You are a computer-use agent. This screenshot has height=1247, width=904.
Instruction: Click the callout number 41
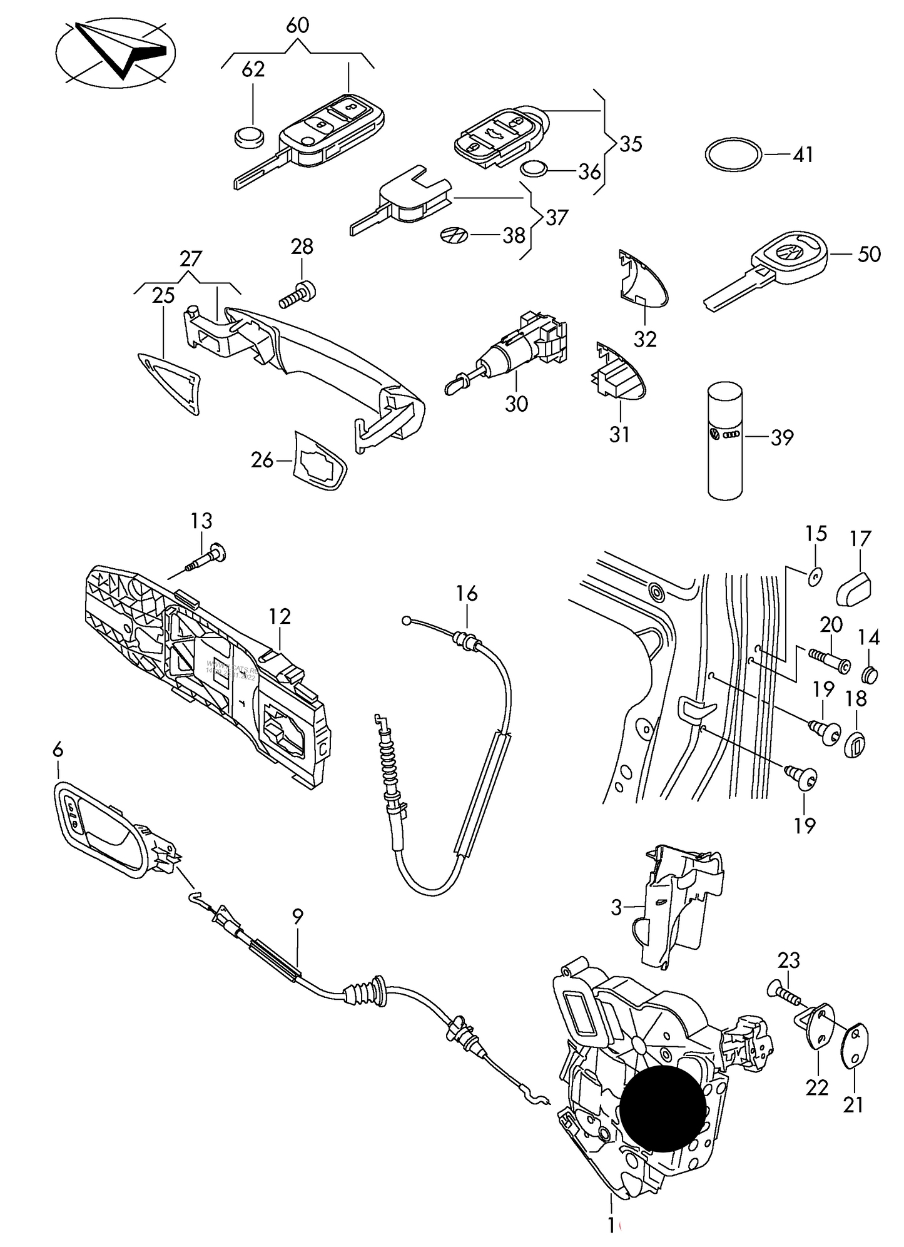[803, 155]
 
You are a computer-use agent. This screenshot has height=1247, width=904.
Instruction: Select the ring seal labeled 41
[734, 154]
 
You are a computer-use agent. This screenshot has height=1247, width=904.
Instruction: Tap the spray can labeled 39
[725, 441]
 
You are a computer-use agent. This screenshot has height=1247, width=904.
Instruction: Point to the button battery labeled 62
[248, 136]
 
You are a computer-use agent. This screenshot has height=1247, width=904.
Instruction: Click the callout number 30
[517, 404]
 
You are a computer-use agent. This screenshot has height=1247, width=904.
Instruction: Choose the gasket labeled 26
[320, 460]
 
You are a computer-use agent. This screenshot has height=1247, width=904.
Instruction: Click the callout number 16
[467, 593]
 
